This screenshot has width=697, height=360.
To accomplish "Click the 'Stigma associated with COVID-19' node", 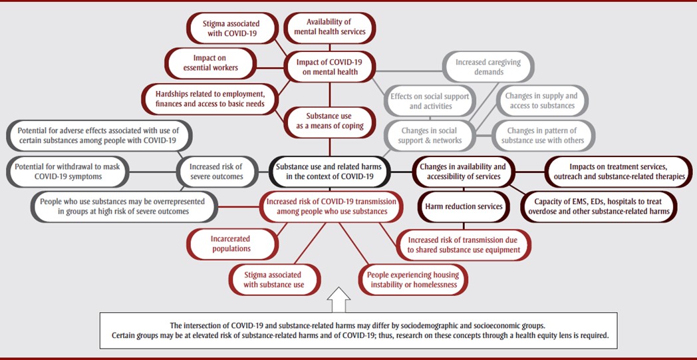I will pos(231,29).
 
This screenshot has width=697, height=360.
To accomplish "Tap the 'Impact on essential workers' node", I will pos(210,63).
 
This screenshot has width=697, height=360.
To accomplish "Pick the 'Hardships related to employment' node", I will pos(206,98).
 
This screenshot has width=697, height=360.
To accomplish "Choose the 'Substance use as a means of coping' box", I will pos(329,121).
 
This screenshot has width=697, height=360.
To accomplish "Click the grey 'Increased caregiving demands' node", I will pos(488,67).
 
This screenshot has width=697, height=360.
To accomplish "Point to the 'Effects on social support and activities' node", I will pos(429,100).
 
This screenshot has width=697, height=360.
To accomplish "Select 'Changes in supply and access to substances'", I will pos(540,100).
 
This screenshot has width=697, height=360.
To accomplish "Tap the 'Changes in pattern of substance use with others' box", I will pos(541,135).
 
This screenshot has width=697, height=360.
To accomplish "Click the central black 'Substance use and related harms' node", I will pos(330,171).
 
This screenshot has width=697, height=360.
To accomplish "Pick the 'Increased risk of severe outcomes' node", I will pos(215,171).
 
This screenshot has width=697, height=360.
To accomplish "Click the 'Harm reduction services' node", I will pos(464,206).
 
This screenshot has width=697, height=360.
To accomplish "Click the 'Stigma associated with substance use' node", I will pos(273,279).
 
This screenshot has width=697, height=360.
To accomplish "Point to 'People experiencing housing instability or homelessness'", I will pos(412,279).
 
